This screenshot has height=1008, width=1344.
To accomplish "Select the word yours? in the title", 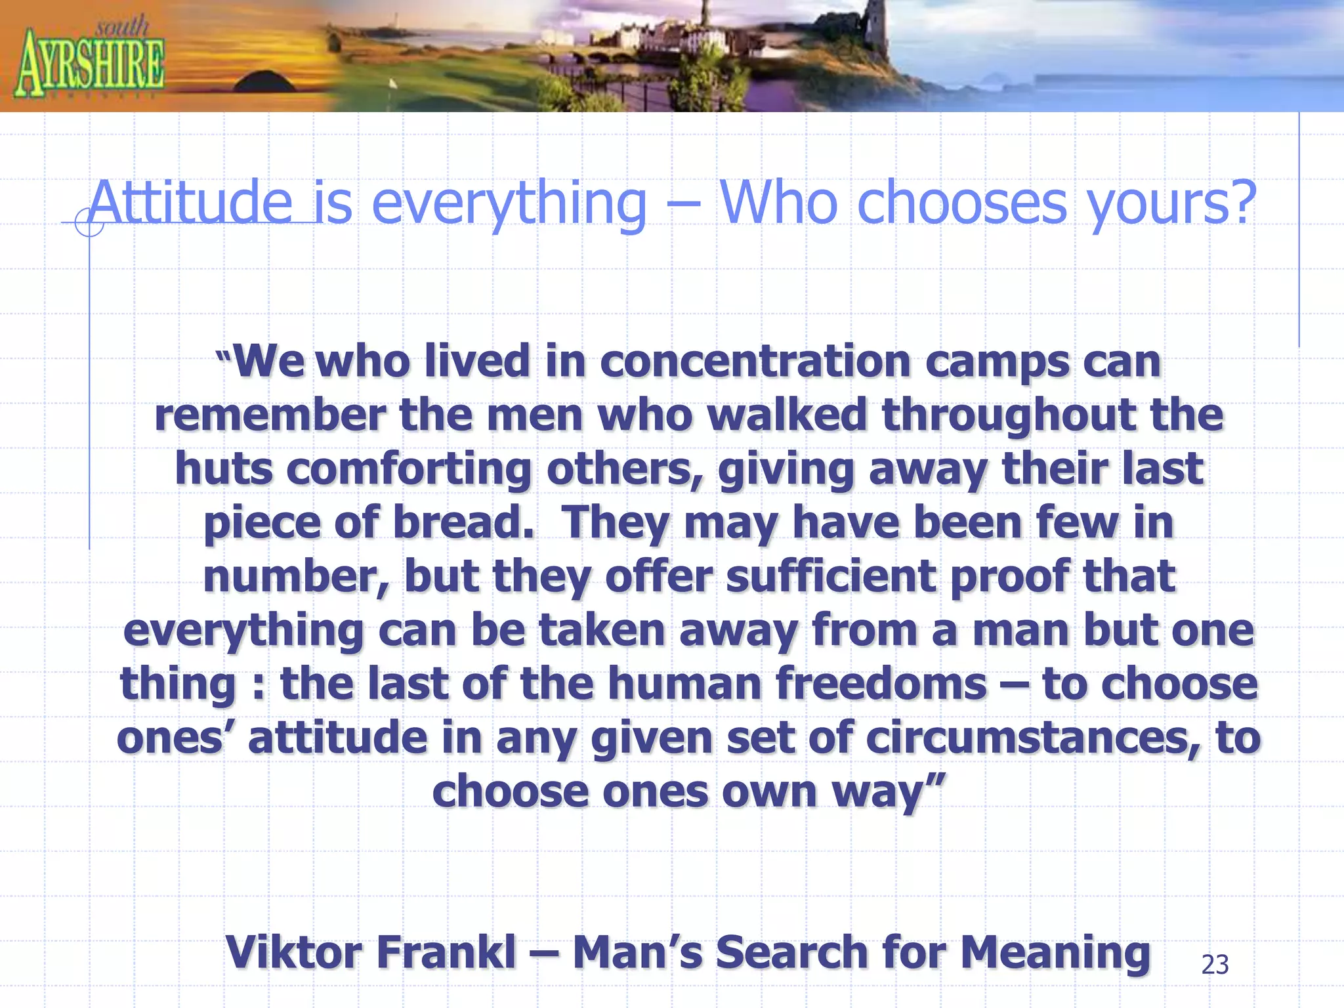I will (x=1171, y=203).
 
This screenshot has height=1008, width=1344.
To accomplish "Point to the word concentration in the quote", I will (x=755, y=362).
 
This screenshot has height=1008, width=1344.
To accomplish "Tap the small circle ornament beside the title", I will (x=89, y=222).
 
